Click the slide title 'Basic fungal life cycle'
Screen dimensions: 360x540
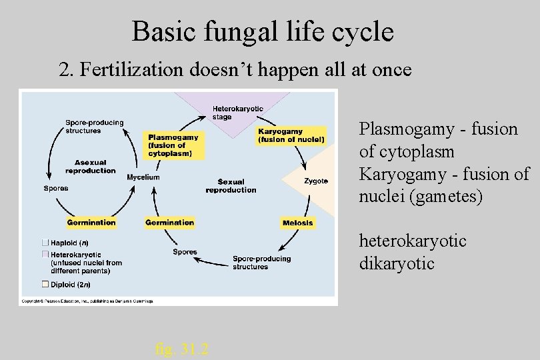(263, 31)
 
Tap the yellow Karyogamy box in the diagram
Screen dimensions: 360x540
(292, 135)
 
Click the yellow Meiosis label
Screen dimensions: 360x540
(297, 223)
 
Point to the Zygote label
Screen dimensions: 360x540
(315, 181)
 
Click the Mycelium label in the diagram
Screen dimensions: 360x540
(143, 177)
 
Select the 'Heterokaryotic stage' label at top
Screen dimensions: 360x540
(237, 113)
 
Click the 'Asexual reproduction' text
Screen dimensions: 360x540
(90, 167)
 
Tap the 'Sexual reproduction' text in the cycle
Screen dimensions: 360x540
(231, 186)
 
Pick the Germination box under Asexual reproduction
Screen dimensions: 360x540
(91, 223)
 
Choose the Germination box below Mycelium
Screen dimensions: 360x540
(169, 223)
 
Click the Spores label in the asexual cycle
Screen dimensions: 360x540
(56, 188)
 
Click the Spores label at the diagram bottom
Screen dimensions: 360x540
(185, 252)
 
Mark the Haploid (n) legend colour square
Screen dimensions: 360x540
(45, 242)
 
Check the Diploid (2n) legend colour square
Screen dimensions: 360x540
(45, 284)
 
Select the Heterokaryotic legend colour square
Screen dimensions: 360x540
(45, 255)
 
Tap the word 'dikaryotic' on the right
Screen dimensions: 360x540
(397, 263)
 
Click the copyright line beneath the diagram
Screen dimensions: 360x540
(87, 302)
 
